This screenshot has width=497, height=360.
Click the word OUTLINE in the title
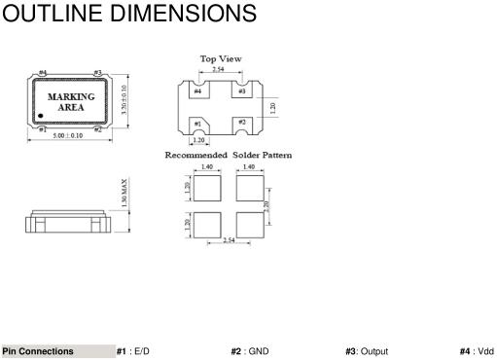tap(53, 14)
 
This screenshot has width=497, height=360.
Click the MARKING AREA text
tap(71, 102)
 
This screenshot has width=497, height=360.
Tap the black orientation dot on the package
tap(41, 116)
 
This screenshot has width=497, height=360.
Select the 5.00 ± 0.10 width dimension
tap(68, 135)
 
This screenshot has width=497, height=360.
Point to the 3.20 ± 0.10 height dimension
tap(124, 100)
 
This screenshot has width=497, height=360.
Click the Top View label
tap(221, 58)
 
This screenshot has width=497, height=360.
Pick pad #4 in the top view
tap(199, 90)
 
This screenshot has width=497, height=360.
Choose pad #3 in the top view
tap(242, 90)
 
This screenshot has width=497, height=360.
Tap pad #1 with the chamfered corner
tap(198, 126)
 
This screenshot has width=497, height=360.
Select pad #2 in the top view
tap(242, 126)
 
